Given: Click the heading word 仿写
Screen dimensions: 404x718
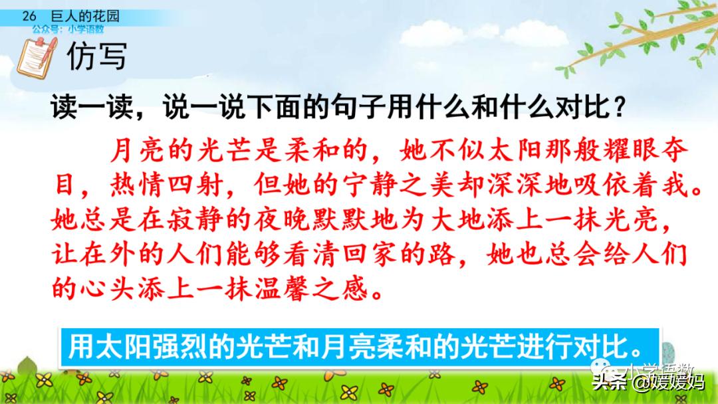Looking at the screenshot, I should click(x=96, y=57).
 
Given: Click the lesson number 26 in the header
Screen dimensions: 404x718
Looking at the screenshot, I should click(x=27, y=15).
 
